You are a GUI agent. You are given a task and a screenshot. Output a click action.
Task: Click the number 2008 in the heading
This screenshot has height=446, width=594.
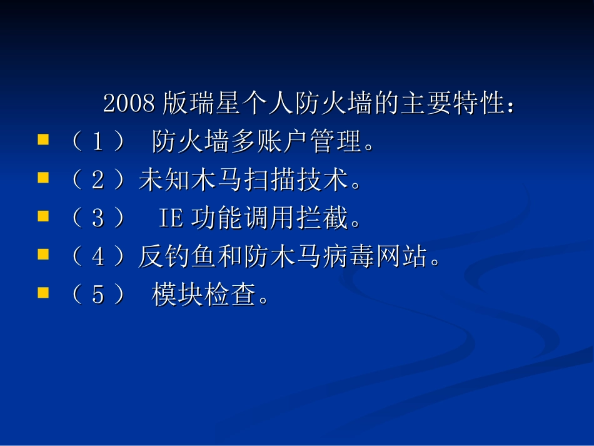click(129, 104)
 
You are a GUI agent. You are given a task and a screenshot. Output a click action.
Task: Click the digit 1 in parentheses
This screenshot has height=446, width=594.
click(98, 143)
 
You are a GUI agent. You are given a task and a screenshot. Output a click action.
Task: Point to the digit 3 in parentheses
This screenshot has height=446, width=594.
click(98, 219)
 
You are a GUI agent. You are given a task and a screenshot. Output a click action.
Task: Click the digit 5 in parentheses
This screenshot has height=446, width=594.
click(98, 295)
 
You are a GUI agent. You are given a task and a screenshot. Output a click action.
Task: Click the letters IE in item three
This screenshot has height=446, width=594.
click(170, 219)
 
